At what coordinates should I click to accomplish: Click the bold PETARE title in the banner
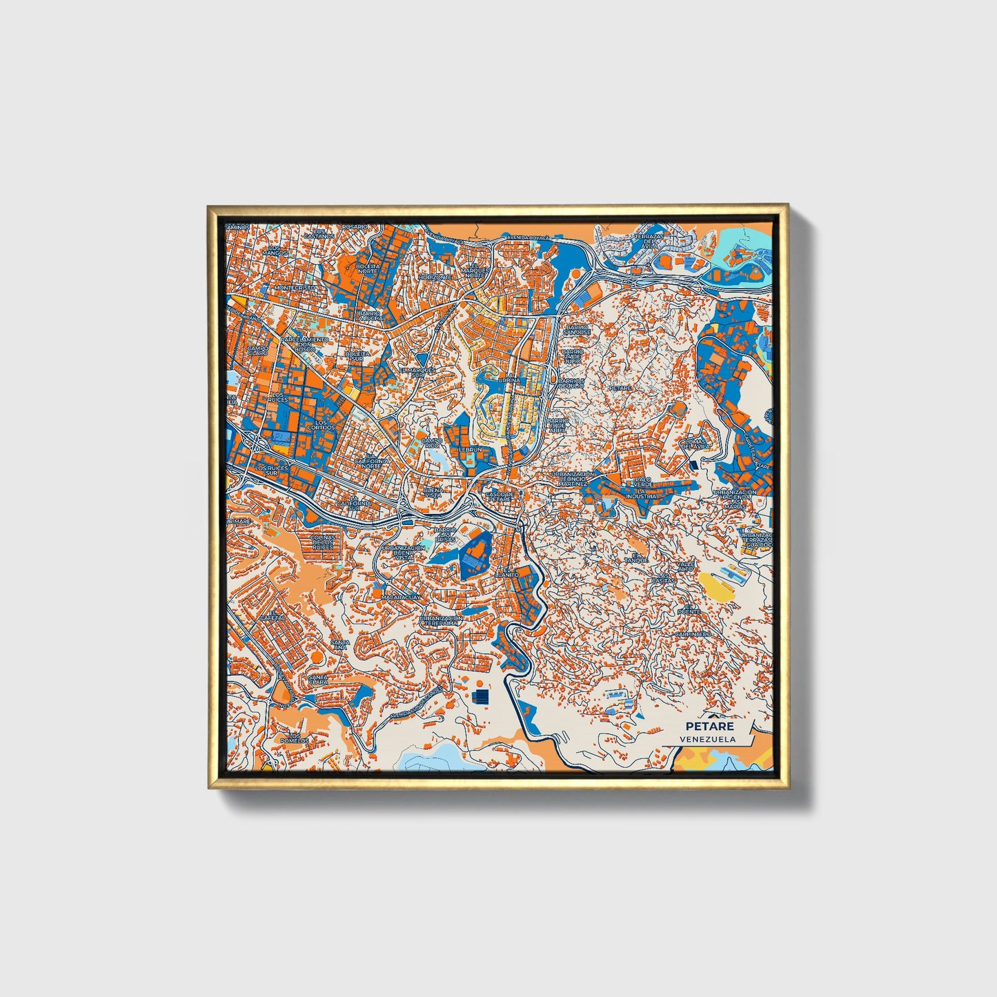tap(709, 727)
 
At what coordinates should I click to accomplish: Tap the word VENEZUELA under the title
tap(707, 739)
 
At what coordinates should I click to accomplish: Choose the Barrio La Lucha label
tap(369, 315)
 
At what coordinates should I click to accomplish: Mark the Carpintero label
tap(691, 633)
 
